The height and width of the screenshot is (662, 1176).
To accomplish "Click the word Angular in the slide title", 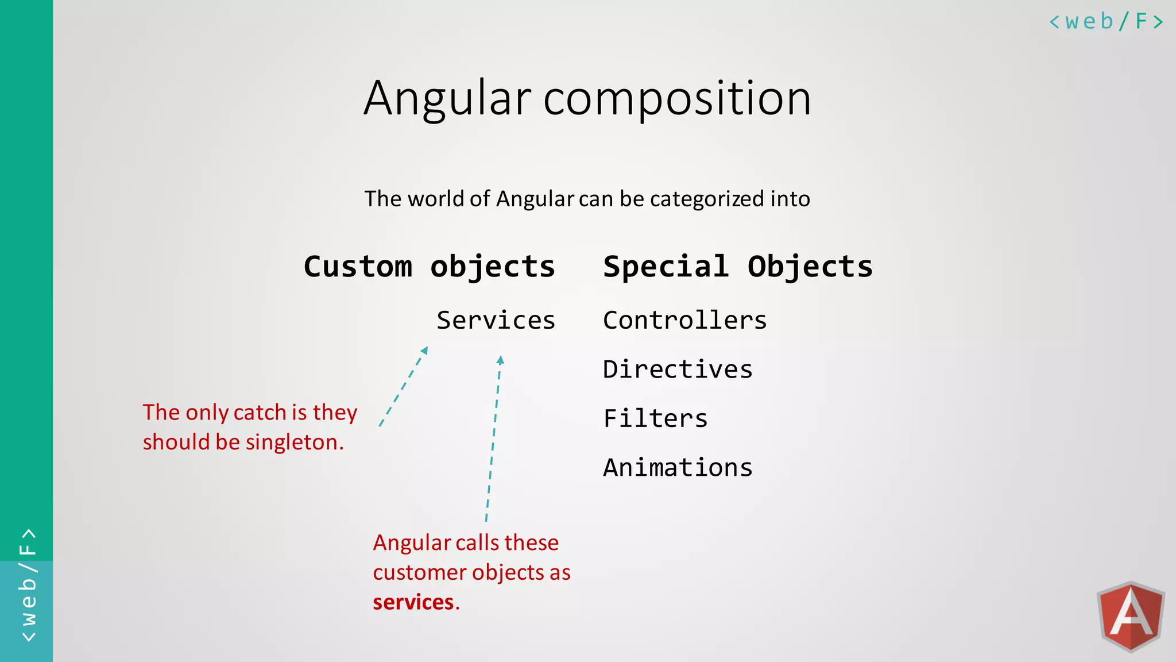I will coord(448,99).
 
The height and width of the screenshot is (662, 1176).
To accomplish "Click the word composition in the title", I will coord(677,99).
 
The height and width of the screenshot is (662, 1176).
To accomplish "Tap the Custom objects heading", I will coord(429,267).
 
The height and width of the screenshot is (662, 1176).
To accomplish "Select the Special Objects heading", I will coord(738,267).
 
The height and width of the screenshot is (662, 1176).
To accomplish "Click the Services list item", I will coord(496,321).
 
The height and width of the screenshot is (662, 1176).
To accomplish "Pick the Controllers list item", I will coord(684,321).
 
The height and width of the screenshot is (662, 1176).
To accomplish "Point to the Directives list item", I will coord(678,370).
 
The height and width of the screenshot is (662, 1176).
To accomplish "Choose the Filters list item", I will coord(655,418).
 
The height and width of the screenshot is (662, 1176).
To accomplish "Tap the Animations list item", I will coord(678,468).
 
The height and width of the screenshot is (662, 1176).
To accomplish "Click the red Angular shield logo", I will coord(1130,617).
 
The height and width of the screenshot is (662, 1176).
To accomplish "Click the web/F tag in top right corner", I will coord(1105,22).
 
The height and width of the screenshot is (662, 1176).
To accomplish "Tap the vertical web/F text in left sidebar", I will coord(28,585).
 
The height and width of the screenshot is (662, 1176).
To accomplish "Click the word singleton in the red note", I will coord(295,442).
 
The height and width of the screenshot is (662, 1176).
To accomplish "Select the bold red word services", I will coord(413,602).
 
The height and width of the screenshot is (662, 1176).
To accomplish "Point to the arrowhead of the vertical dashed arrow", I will coord(500,360).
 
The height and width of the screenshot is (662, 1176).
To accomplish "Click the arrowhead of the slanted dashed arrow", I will coord(425,350).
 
